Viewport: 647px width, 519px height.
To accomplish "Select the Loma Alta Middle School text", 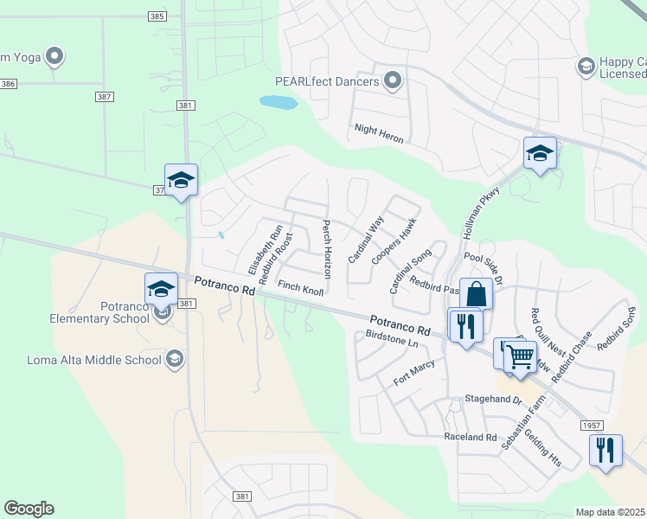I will tap(94, 360).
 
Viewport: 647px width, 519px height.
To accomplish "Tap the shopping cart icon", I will tap(520, 356).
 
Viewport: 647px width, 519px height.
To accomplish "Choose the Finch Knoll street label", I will tap(300, 288).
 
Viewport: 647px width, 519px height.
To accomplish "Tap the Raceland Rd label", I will tap(471, 438).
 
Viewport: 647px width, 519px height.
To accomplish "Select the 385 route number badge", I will tap(157, 16).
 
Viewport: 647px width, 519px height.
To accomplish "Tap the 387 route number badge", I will tap(105, 97).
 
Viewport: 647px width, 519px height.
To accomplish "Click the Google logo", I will tap(29, 509).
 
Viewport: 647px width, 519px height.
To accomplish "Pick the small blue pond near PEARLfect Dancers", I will tap(279, 103).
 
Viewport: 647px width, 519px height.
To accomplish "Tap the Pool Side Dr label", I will tap(483, 263).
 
